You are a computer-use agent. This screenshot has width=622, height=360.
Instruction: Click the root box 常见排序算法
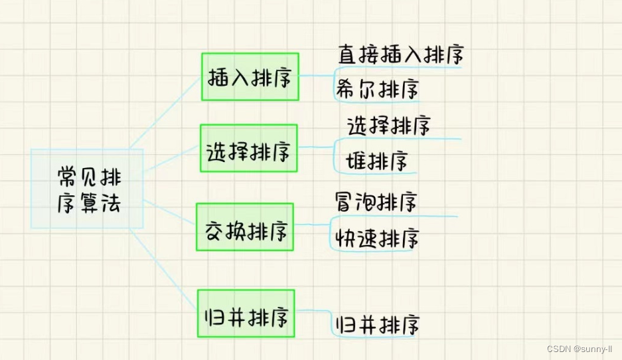87,189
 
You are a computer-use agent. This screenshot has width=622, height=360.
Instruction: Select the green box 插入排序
250,77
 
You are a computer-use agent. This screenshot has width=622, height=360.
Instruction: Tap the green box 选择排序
249,152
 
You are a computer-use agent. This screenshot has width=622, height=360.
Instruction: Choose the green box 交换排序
245,231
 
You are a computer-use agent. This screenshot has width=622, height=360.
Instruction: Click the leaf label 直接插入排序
400,54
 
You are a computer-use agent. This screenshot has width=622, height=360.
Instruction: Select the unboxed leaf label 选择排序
389,125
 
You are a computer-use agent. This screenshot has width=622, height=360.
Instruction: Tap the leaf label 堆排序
376,160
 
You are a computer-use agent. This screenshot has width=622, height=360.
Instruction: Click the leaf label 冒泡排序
376,201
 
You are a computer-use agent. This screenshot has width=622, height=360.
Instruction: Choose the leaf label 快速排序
376,238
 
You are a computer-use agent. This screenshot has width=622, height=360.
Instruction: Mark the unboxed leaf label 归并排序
378,325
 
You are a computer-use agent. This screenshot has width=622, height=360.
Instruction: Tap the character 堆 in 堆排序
356,160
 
